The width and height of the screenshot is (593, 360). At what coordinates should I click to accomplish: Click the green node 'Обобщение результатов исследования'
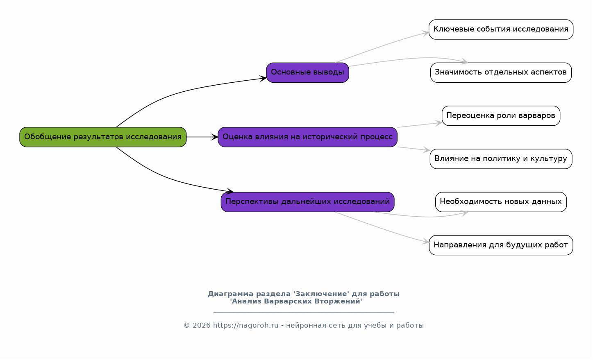tap(103, 137)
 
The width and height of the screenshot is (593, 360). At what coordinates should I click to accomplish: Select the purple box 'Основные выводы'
tap(308, 72)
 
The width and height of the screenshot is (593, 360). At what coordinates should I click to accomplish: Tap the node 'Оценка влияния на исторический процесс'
tap(308, 137)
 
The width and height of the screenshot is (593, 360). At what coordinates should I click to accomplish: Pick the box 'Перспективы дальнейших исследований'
tap(308, 202)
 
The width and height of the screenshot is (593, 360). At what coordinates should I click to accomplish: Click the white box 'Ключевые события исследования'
tap(501, 29)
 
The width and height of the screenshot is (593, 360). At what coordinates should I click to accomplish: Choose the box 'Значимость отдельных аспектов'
tap(501, 72)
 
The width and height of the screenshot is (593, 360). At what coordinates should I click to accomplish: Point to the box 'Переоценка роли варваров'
tap(501, 115)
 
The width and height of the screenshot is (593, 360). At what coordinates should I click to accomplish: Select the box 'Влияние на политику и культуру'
tap(501, 159)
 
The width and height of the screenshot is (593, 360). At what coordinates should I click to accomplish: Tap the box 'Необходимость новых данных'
tap(501, 202)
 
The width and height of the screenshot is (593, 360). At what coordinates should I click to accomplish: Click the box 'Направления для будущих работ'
tap(501, 245)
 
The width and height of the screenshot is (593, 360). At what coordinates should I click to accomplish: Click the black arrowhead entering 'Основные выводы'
tap(263, 78)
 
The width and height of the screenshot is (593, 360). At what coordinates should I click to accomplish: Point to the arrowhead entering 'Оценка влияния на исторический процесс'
tap(214, 137)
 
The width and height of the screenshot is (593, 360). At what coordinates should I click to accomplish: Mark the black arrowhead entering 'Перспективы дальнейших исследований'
tap(230, 191)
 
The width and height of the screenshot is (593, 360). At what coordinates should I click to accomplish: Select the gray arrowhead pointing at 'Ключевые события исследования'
tap(425, 33)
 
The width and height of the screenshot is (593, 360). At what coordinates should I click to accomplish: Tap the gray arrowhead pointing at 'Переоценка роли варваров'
tap(439, 123)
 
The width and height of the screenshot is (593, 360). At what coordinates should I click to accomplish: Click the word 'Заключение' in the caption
tap(321, 294)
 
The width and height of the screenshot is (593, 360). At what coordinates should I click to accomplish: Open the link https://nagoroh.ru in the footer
tap(245, 325)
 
